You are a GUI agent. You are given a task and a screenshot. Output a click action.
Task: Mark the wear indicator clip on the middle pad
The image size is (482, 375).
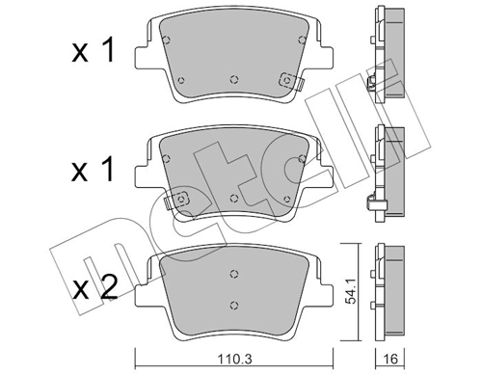point(178,201)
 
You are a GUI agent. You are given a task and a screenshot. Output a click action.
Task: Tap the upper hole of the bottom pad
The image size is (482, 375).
point(233,272)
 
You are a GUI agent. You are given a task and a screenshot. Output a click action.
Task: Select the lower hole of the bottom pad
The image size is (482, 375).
point(233,307)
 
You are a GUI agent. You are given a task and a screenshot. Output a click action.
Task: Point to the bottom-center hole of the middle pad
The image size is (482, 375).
point(234,197)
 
